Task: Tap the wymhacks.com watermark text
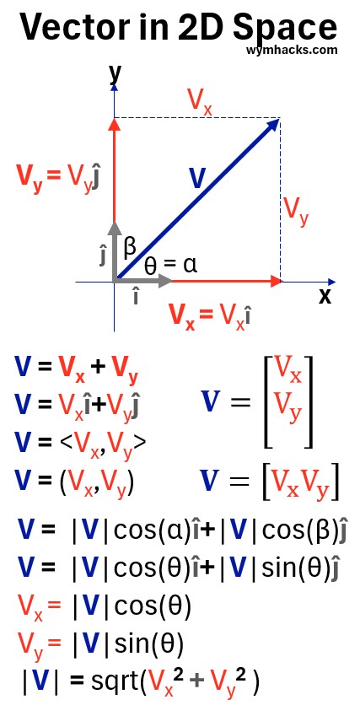[x=292, y=50]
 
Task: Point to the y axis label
[x=116, y=73]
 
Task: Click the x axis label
[x=325, y=296]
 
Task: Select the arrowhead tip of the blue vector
[x=280, y=118]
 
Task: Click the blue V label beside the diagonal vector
[x=196, y=179]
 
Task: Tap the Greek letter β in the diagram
[x=130, y=247]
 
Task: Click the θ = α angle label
[x=171, y=266]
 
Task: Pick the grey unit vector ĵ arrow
[x=115, y=252]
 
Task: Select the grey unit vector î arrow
[x=143, y=282]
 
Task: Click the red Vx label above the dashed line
[x=200, y=103]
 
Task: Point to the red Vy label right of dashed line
[x=297, y=211]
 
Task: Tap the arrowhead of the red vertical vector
[x=115, y=124]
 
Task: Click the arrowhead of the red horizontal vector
[x=275, y=282]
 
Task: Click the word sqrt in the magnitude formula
[x=114, y=683]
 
